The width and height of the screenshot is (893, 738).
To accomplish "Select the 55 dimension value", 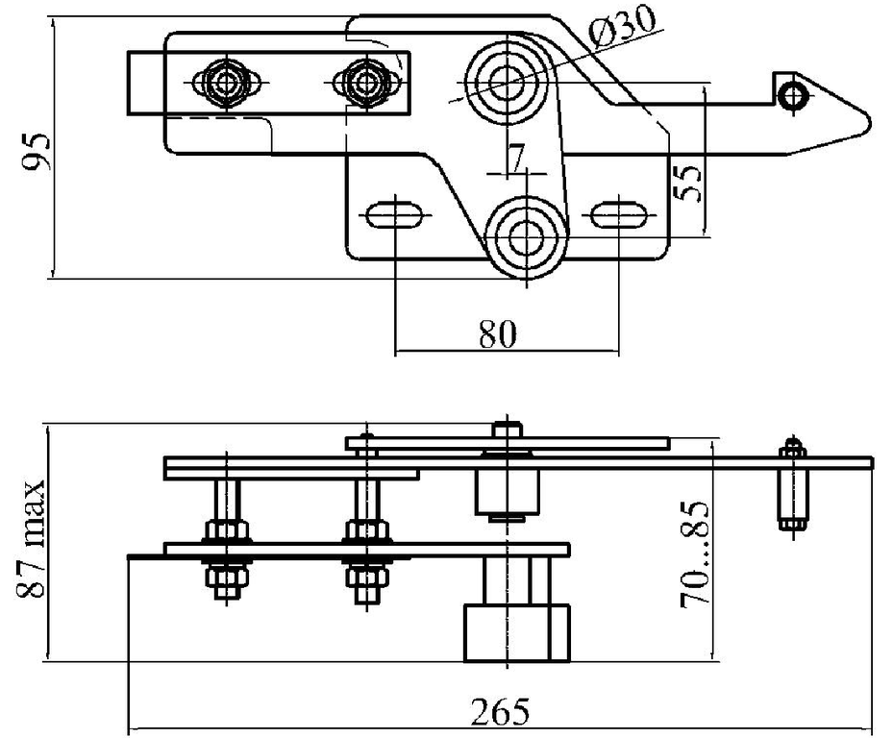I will (685, 180).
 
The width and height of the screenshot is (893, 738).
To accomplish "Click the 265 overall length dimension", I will (499, 713).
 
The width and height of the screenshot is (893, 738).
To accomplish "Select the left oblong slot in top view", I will (394, 212).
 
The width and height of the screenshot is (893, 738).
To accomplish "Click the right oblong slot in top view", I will (616, 212).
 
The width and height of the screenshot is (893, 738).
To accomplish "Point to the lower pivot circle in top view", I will (525, 236).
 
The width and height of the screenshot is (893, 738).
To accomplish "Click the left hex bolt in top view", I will (224, 82).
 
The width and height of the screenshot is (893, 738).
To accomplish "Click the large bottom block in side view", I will (516, 632).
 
